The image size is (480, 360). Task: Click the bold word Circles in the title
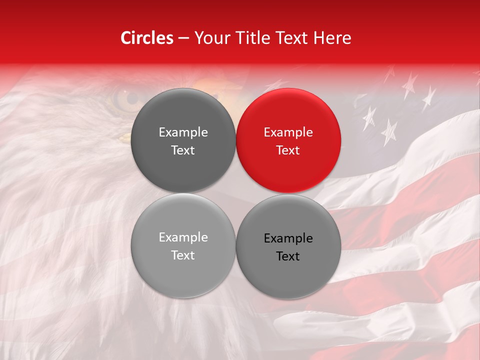[x=146, y=38]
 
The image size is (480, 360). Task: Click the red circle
[x=288, y=140]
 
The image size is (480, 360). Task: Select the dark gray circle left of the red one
[x=183, y=140]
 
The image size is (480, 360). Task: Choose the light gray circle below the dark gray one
[x=183, y=245]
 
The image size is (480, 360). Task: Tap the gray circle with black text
[x=288, y=246]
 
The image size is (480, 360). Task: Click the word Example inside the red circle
[x=288, y=132]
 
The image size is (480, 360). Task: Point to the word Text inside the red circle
[x=288, y=150]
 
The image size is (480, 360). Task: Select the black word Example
[x=288, y=238]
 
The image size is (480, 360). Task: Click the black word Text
[x=288, y=256]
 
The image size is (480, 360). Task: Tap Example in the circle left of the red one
[x=183, y=132]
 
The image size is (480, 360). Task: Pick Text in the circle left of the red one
[x=183, y=150]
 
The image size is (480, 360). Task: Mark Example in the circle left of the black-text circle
[x=183, y=237]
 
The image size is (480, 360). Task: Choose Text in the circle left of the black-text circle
[x=183, y=255]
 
